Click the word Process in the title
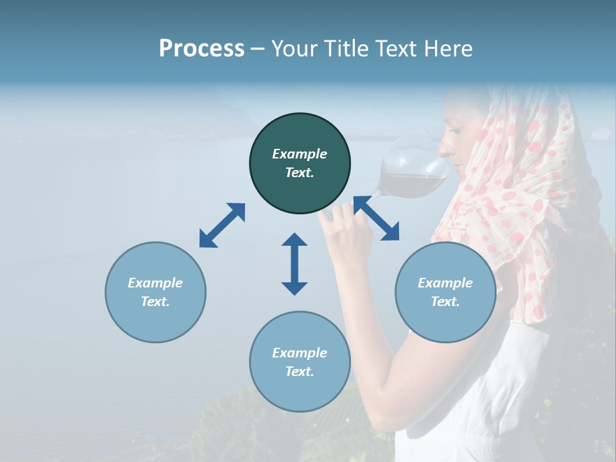pyautogui.click(x=201, y=49)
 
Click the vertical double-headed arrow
pyautogui.click(x=295, y=264)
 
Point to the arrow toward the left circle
pyautogui.click(x=222, y=225)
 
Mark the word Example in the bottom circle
pyautogui.click(x=300, y=353)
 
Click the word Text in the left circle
pyautogui.click(x=155, y=302)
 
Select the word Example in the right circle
pyautogui.click(x=445, y=283)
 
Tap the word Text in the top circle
pyautogui.click(x=300, y=173)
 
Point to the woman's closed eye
pyautogui.click(x=454, y=131)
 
